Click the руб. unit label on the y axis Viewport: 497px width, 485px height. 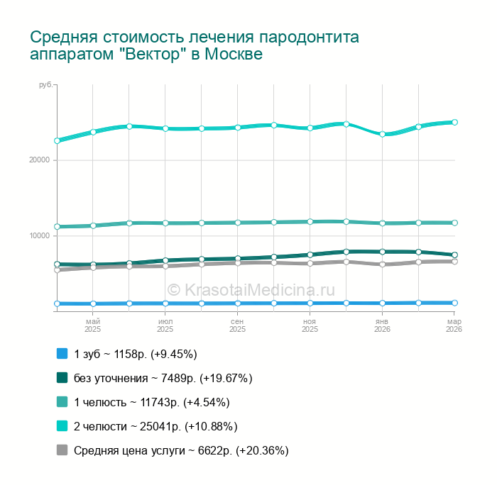pyautogui.click(x=46, y=85)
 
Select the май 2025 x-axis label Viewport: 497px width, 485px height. pyautogui.click(x=93, y=325)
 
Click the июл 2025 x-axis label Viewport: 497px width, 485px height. pyautogui.click(x=165, y=325)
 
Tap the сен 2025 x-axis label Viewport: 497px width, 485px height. pyautogui.click(x=237, y=325)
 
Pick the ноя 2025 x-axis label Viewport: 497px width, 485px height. pyautogui.click(x=310, y=325)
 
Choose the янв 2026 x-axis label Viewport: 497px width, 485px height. pyautogui.click(x=382, y=325)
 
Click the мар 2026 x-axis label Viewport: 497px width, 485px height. pyautogui.click(x=454, y=325)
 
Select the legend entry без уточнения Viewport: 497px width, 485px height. pyautogui.click(x=163, y=378)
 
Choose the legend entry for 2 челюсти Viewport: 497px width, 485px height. pyautogui.click(x=155, y=426)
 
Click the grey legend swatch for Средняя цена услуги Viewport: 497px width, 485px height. pyautogui.click(x=62, y=450)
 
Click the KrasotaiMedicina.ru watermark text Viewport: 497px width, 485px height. pyautogui.click(x=251, y=289)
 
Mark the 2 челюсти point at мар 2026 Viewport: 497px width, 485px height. pyautogui.click(x=454, y=122)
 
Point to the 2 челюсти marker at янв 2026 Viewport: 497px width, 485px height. pyautogui.click(x=382, y=134)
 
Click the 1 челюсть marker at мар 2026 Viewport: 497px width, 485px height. pyautogui.click(x=454, y=223)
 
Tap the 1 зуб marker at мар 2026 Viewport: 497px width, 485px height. pyautogui.click(x=454, y=303)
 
